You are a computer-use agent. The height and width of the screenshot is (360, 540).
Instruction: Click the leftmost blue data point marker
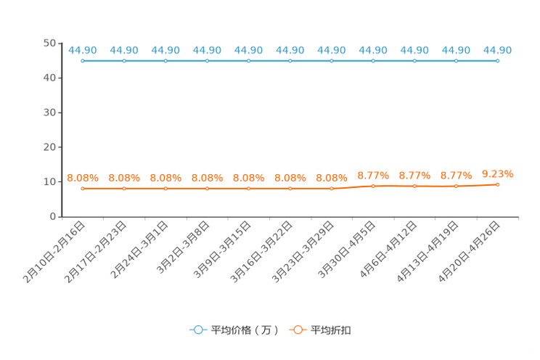83,61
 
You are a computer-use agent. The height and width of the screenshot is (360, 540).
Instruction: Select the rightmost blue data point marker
497,61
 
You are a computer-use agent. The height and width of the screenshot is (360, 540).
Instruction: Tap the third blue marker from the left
165,61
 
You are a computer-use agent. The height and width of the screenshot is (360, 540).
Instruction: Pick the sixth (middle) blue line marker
290,61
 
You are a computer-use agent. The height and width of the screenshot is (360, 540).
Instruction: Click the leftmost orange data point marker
83,189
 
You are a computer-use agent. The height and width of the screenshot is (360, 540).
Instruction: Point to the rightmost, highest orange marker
497,184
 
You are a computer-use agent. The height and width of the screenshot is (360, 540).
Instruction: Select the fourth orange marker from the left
208,189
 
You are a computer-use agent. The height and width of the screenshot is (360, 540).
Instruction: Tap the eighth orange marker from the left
373,187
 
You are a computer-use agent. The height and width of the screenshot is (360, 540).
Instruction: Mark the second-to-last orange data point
456,187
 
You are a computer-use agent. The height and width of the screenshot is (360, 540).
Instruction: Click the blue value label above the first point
83,50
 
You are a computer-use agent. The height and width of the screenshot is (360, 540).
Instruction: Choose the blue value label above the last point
497,50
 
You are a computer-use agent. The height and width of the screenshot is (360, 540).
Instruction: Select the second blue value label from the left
124,50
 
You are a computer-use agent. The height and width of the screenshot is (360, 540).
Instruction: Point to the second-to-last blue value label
456,50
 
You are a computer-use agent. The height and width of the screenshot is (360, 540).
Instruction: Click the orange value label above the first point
83,177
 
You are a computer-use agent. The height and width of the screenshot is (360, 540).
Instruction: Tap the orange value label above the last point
497,173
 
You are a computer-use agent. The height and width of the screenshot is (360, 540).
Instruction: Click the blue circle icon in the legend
197,330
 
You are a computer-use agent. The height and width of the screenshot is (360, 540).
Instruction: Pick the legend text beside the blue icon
245,330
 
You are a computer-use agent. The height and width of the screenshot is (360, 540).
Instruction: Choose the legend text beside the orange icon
332,330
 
